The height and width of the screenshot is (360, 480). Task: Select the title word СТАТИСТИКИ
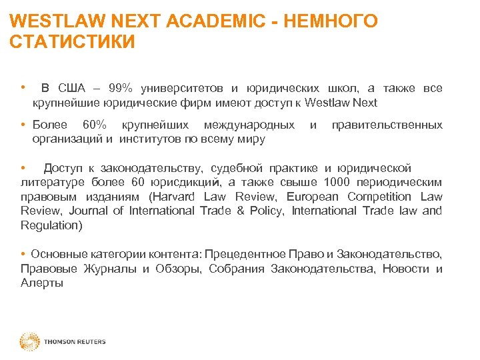(x=73, y=43)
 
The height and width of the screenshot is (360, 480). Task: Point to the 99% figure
(x=121, y=88)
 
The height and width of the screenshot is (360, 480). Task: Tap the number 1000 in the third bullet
(x=337, y=181)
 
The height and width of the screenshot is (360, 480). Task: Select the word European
(x=312, y=196)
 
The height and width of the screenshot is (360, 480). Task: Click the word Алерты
(x=42, y=283)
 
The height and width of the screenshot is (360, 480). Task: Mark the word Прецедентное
(x=245, y=254)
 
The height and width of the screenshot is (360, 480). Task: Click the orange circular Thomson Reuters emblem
(x=29, y=341)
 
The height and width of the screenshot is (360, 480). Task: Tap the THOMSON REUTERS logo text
(x=75, y=342)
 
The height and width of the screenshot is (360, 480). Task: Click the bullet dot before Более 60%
(x=23, y=125)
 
